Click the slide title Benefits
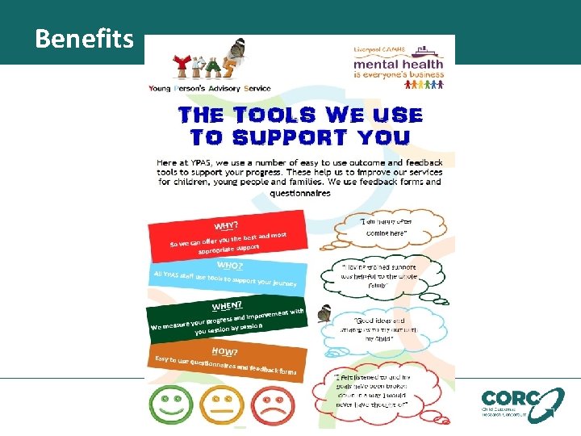pos(84,38)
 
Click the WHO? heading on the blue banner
pos(229,265)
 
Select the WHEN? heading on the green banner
pos(228,306)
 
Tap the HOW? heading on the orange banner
pos(224,351)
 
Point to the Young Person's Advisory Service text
pos(209,88)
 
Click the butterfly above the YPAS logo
pos(237,48)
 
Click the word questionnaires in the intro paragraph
pos(299,193)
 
